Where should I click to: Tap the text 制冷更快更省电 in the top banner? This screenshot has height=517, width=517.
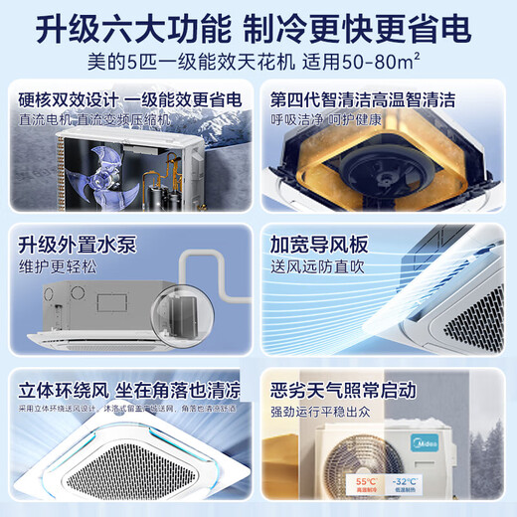point(366,30)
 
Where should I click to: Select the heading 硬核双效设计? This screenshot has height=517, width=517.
point(66,100)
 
